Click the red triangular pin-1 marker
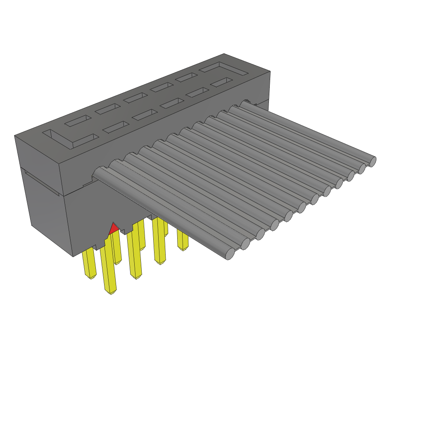[x=113, y=228]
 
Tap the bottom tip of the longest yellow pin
[x=111, y=292]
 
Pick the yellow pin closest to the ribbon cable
[x=182, y=240]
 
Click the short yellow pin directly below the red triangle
[x=117, y=248]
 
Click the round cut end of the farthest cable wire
[x=372, y=161]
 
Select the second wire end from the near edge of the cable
[x=245, y=244]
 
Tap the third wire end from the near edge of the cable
[x=260, y=234]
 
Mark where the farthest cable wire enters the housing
[x=247, y=103]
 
